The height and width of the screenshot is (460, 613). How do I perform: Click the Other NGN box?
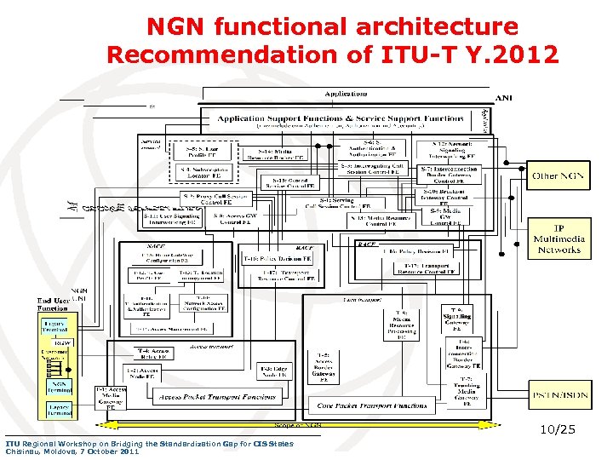point(558,176)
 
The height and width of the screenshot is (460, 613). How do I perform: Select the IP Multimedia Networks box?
point(559,239)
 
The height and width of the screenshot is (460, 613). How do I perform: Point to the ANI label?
point(504,97)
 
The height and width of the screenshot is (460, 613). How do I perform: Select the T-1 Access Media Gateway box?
point(111,398)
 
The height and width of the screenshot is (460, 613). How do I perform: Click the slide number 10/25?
point(558,430)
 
